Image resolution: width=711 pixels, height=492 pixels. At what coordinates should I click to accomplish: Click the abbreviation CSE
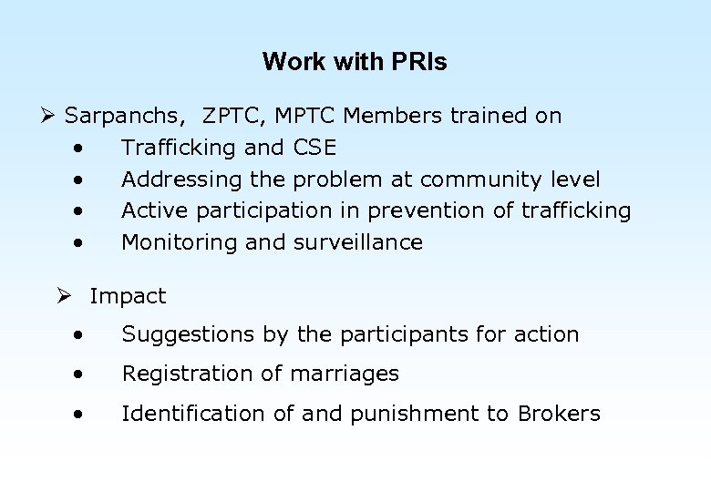point(314,148)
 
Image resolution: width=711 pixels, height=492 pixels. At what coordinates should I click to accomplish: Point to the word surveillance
point(358,242)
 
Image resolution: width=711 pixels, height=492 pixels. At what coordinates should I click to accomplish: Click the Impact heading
point(128,296)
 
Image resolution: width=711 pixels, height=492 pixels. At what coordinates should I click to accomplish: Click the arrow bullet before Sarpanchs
point(48,116)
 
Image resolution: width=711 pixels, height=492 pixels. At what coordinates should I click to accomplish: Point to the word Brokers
point(559,414)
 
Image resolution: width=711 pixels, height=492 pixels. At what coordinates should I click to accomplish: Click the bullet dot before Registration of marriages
point(81,374)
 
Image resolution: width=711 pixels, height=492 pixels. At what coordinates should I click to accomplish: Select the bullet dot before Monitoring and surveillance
point(81,242)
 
